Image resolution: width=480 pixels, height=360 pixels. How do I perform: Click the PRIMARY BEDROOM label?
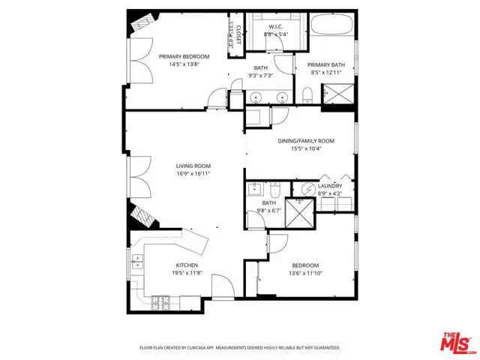(x=184, y=56)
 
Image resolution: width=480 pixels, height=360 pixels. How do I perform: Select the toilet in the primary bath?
(x=308, y=94)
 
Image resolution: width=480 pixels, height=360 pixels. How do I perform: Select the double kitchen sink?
(x=137, y=262)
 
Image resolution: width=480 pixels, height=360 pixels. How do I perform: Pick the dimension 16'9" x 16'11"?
(x=193, y=174)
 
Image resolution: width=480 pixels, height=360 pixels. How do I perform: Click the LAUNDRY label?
(x=330, y=186)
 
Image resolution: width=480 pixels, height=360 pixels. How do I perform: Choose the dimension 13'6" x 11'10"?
(x=305, y=274)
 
